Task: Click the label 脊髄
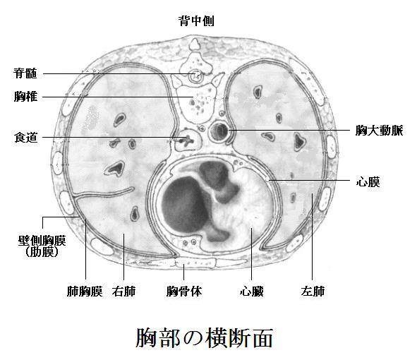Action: [x=25, y=73]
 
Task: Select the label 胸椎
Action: [x=25, y=97]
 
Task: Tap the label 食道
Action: [x=25, y=138]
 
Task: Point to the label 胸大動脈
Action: [x=379, y=131]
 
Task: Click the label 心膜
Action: [x=368, y=182]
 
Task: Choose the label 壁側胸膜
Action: [x=42, y=241]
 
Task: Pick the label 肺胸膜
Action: [x=85, y=291]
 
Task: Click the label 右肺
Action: [x=123, y=291]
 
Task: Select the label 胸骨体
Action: [x=184, y=291]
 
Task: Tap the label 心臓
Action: [x=252, y=291]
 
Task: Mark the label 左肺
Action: [x=313, y=291]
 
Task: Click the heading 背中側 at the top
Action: [x=196, y=20]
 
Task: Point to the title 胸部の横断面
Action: [x=204, y=337]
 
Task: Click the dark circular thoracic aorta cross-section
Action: [x=219, y=131]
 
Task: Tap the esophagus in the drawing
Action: [x=188, y=140]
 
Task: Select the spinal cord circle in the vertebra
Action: [x=196, y=76]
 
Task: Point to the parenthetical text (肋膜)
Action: [x=42, y=252]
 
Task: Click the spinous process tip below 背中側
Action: [x=195, y=44]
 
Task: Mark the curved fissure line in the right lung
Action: [x=104, y=193]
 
